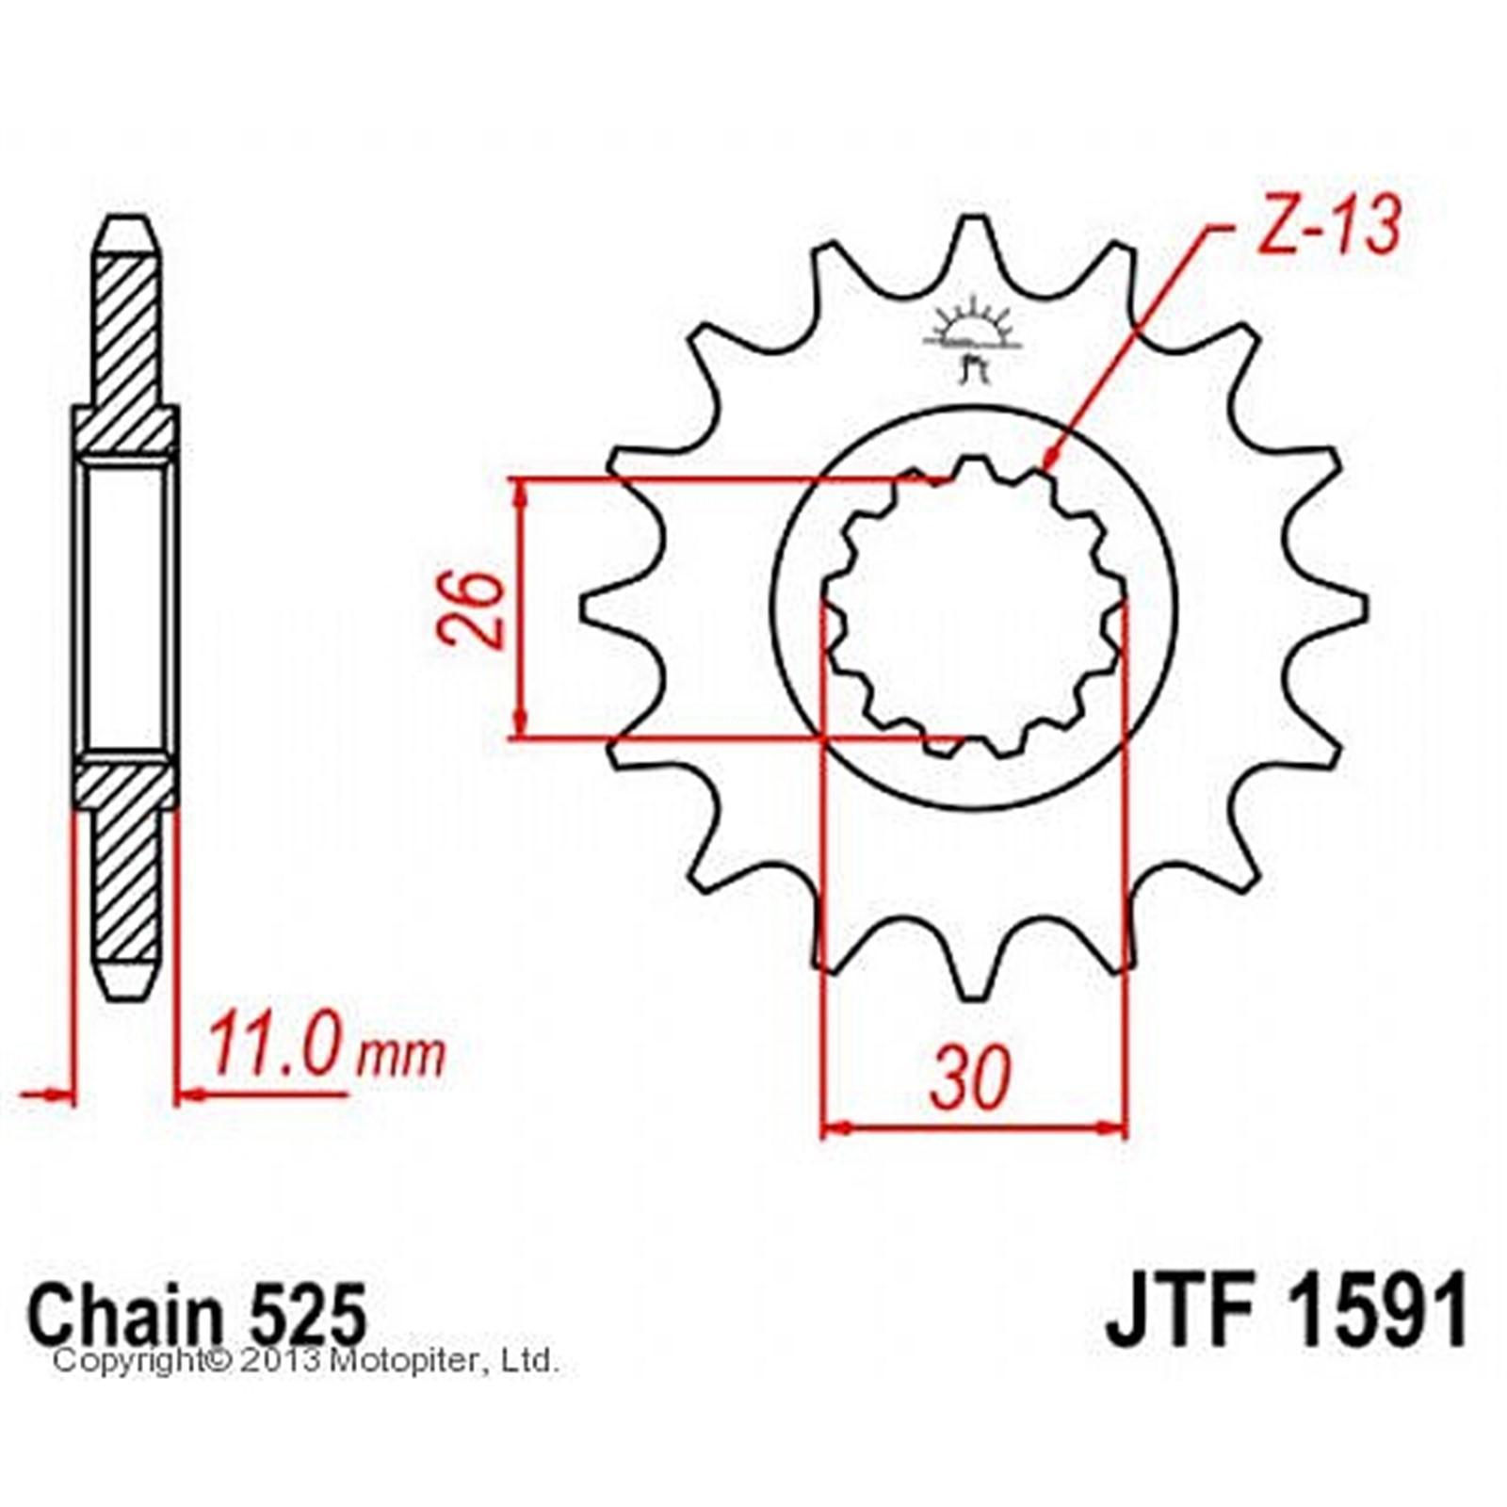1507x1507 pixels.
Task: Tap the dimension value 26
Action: coord(471,608)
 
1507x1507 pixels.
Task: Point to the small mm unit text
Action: coord(399,1058)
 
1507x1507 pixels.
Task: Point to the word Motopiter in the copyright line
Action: coord(392,1360)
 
